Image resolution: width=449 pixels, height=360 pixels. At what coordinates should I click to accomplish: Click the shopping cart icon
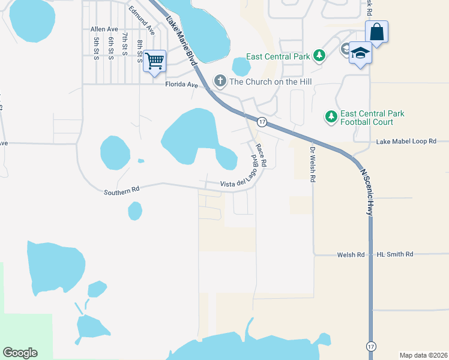click(154, 61)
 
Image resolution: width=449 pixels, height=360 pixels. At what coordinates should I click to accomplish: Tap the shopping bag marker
click(376, 32)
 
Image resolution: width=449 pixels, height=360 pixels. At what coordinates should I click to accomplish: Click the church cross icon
click(220, 81)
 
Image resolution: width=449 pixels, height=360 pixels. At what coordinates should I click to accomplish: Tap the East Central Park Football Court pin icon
click(330, 116)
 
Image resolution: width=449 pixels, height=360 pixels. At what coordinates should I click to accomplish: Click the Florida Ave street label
click(181, 85)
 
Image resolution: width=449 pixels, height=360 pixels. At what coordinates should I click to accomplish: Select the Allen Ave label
click(104, 29)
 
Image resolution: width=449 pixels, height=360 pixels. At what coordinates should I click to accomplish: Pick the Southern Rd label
click(121, 191)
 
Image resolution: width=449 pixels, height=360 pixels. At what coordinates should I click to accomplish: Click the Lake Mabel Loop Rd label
click(405, 142)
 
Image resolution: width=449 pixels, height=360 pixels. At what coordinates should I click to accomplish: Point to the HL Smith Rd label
click(395, 254)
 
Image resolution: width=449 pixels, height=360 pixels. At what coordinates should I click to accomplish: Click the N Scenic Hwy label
click(366, 191)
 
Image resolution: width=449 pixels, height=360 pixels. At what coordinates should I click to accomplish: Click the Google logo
click(20, 353)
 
